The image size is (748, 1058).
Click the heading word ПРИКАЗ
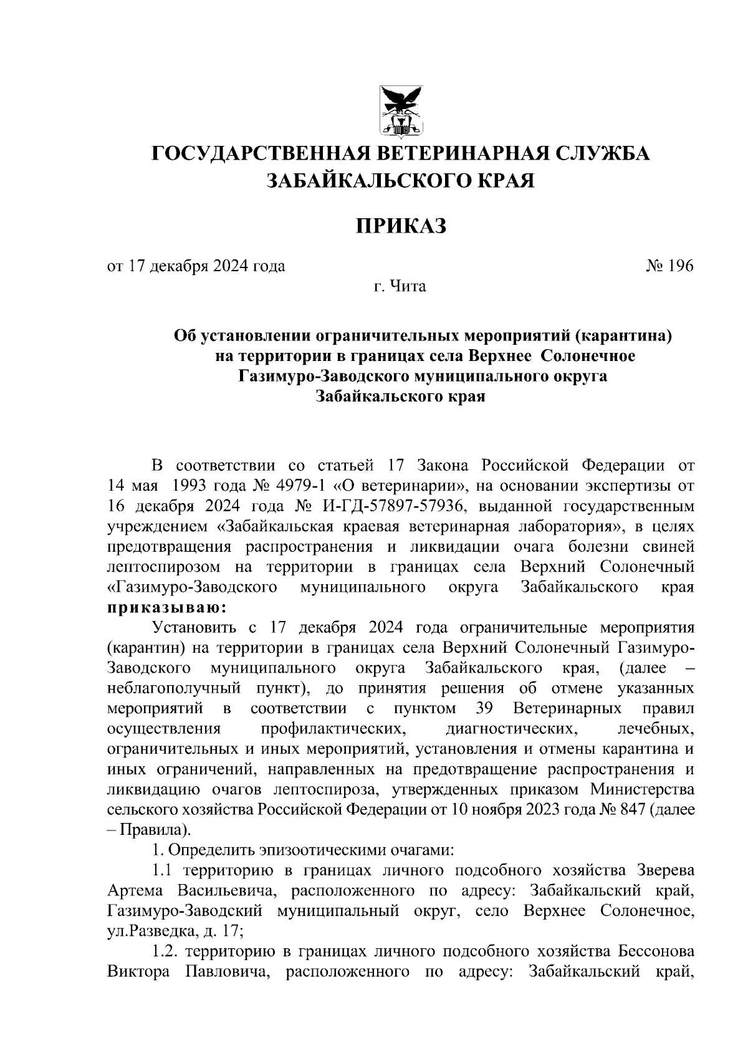401,226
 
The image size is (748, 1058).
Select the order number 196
681,266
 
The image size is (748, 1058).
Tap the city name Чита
408,287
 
